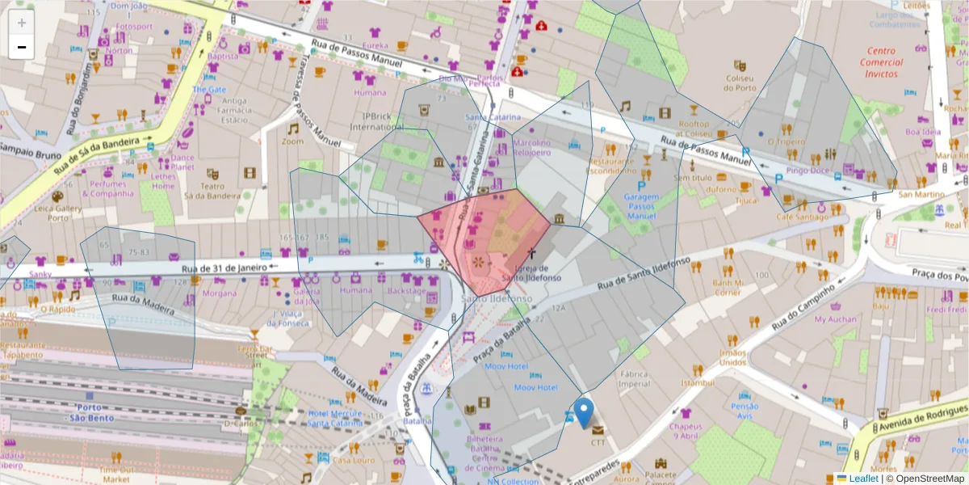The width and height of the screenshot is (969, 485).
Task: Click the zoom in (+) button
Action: point(22,23)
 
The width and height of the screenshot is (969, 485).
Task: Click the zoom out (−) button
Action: point(22,47)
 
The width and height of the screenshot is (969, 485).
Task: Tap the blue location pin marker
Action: point(584,411)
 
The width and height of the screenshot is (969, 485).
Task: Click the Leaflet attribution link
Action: point(863,479)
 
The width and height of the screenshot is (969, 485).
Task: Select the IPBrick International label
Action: point(376,121)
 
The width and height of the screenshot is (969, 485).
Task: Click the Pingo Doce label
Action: point(807,171)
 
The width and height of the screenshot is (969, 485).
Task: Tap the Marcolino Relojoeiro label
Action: point(532,148)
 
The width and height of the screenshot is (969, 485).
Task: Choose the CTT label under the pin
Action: point(598,442)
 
